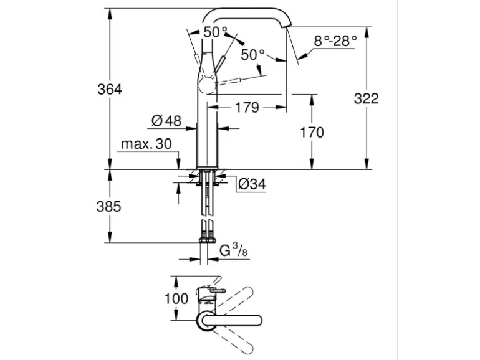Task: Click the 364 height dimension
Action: click(x=109, y=89)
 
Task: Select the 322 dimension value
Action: click(x=366, y=98)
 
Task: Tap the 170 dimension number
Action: click(x=312, y=132)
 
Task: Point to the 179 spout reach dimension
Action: click(x=247, y=108)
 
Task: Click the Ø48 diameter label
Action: click(x=166, y=120)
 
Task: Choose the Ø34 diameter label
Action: click(x=252, y=184)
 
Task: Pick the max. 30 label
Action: click(x=146, y=144)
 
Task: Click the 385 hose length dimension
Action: click(x=109, y=206)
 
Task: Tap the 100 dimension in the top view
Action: click(x=176, y=298)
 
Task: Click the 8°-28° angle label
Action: click(x=335, y=41)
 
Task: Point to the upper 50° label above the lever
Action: click(x=216, y=31)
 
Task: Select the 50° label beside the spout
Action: click(x=253, y=54)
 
